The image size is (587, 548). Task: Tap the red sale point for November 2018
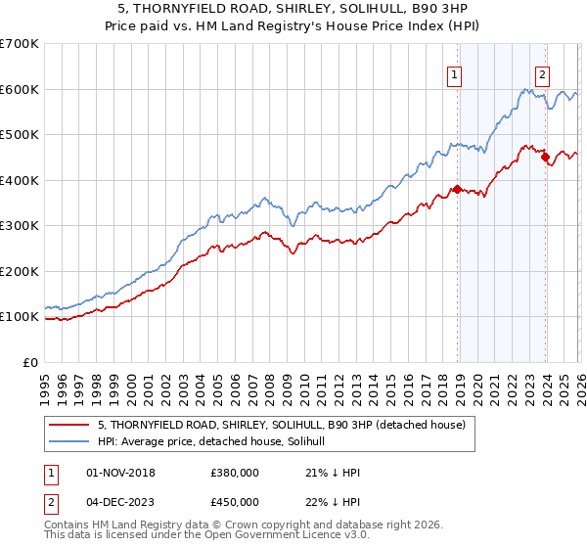coord(457,190)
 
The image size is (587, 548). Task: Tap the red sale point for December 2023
coord(545,158)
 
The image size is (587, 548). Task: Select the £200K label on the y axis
coord(21,272)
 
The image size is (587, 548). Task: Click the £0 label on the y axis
coord(30,363)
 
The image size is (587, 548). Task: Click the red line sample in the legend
coord(69,425)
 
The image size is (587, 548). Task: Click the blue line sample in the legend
coord(69,441)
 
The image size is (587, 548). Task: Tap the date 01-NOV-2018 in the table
coord(120,473)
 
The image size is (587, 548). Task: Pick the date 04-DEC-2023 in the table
coord(120,502)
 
